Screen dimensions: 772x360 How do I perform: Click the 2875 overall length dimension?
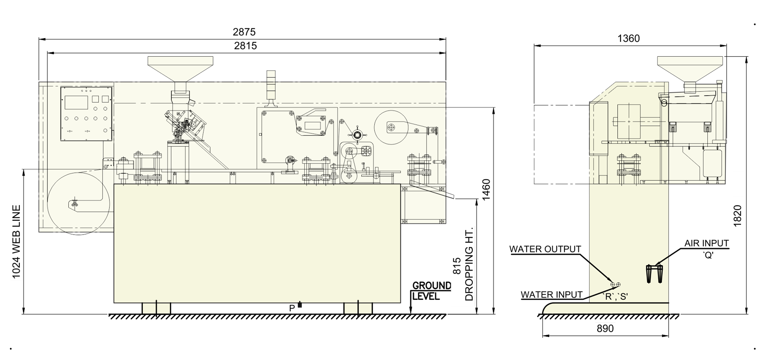coord(244,32)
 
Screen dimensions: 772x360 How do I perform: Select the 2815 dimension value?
coord(245,46)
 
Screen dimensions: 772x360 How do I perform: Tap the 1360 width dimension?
coord(628,39)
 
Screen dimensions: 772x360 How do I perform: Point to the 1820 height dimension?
coord(737,216)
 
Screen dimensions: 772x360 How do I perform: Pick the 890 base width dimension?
coord(605,329)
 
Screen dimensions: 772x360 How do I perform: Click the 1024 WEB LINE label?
coord(16,242)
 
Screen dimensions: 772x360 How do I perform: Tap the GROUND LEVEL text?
coord(431,291)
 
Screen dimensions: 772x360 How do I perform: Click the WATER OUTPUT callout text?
coord(545,249)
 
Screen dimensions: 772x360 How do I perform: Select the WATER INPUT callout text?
coord(551,295)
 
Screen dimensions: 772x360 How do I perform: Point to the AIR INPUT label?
coord(706,243)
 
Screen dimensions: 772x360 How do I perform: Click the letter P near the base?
coord(292,308)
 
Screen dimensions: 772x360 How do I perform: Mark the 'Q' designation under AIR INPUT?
coord(708,255)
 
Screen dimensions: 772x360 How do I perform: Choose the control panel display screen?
coord(76,102)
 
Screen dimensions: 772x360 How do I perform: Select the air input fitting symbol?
coord(655,274)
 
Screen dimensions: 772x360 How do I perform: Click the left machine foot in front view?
coord(156,308)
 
